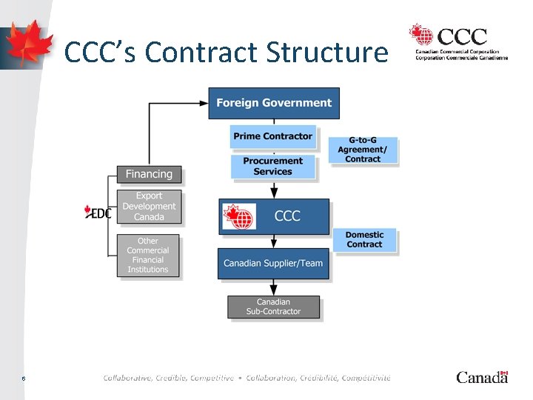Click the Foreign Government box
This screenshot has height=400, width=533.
pyautogui.click(x=274, y=103)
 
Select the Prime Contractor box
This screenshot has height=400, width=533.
pyautogui.click(x=272, y=136)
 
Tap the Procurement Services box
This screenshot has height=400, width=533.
pyautogui.click(x=272, y=167)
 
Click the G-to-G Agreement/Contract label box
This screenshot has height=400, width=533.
pyautogui.click(x=363, y=150)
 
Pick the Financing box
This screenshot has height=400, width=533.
pyautogui.click(x=149, y=175)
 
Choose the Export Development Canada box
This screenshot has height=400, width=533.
pyautogui.click(x=149, y=207)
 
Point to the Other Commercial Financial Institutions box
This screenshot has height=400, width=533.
pyautogui.click(x=148, y=256)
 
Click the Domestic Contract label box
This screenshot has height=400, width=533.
pyautogui.click(x=364, y=240)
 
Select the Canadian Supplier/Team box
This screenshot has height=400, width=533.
pyautogui.click(x=273, y=264)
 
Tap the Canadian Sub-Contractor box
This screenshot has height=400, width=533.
pyautogui.click(x=273, y=307)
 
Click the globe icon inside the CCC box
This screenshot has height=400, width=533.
pyautogui.click(x=240, y=216)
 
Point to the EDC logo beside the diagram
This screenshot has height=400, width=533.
pyautogui.click(x=98, y=213)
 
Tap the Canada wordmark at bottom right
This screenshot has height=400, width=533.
pyautogui.click(x=482, y=377)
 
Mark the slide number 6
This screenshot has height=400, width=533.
pyautogui.click(x=24, y=378)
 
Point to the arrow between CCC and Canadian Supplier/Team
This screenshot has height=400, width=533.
pyautogui.click(x=274, y=241)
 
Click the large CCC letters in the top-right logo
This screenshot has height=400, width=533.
pyautogui.click(x=462, y=36)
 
